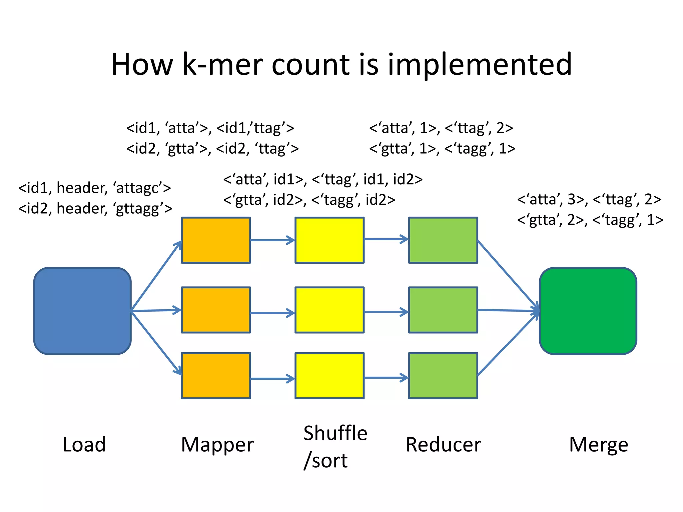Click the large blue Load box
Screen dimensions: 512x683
[x=82, y=311]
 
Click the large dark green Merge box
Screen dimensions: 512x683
[x=588, y=311]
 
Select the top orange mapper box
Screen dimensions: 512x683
[x=216, y=240]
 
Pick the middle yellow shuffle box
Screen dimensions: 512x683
[x=329, y=310]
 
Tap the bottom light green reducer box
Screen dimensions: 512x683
[x=443, y=376]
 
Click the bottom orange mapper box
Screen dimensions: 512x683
[x=216, y=376]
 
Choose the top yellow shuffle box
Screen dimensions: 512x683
[x=329, y=240]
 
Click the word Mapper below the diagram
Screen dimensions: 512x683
[x=217, y=445]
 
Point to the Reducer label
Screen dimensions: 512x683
[x=443, y=445]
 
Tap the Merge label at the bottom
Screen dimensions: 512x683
[x=598, y=445]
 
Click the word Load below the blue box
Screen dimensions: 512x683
[x=84, y=445]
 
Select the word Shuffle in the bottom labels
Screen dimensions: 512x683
[x=335, y=433]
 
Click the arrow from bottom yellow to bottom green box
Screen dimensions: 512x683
[x=386, y=378]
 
